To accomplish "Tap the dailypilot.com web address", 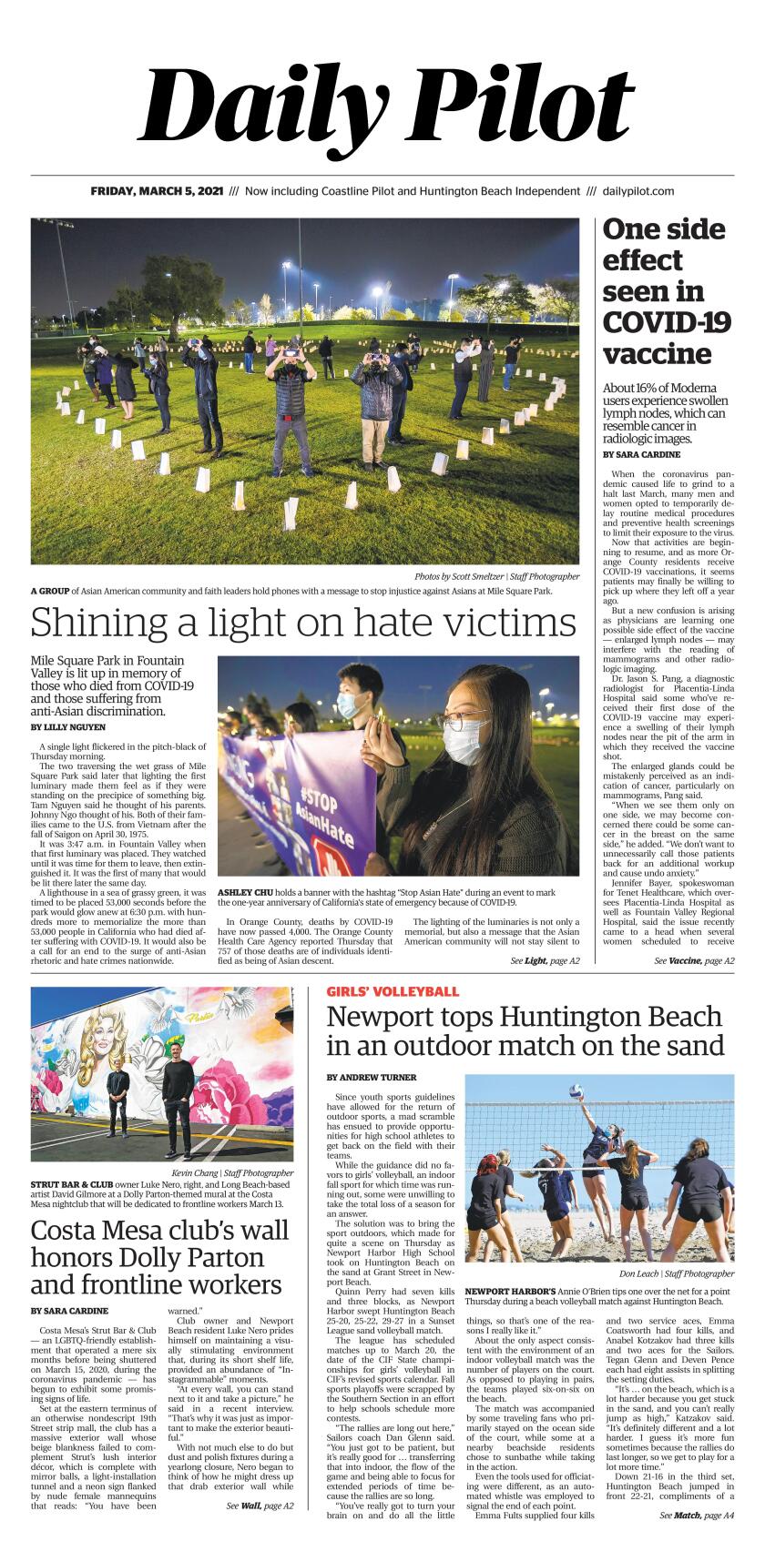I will tap(638, 191).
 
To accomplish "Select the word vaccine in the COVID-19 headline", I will tap(655, 353).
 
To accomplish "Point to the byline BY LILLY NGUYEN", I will tap(68, 727).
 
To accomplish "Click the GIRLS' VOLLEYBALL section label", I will tap(393, 991).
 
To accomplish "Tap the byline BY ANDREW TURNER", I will tap(372, 1077).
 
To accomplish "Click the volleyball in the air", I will tap(576, 1090).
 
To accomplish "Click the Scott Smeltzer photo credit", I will tap(496, 576).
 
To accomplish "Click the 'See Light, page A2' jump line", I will tap(545, 961).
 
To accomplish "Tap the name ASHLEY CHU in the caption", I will tap(242, 892).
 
